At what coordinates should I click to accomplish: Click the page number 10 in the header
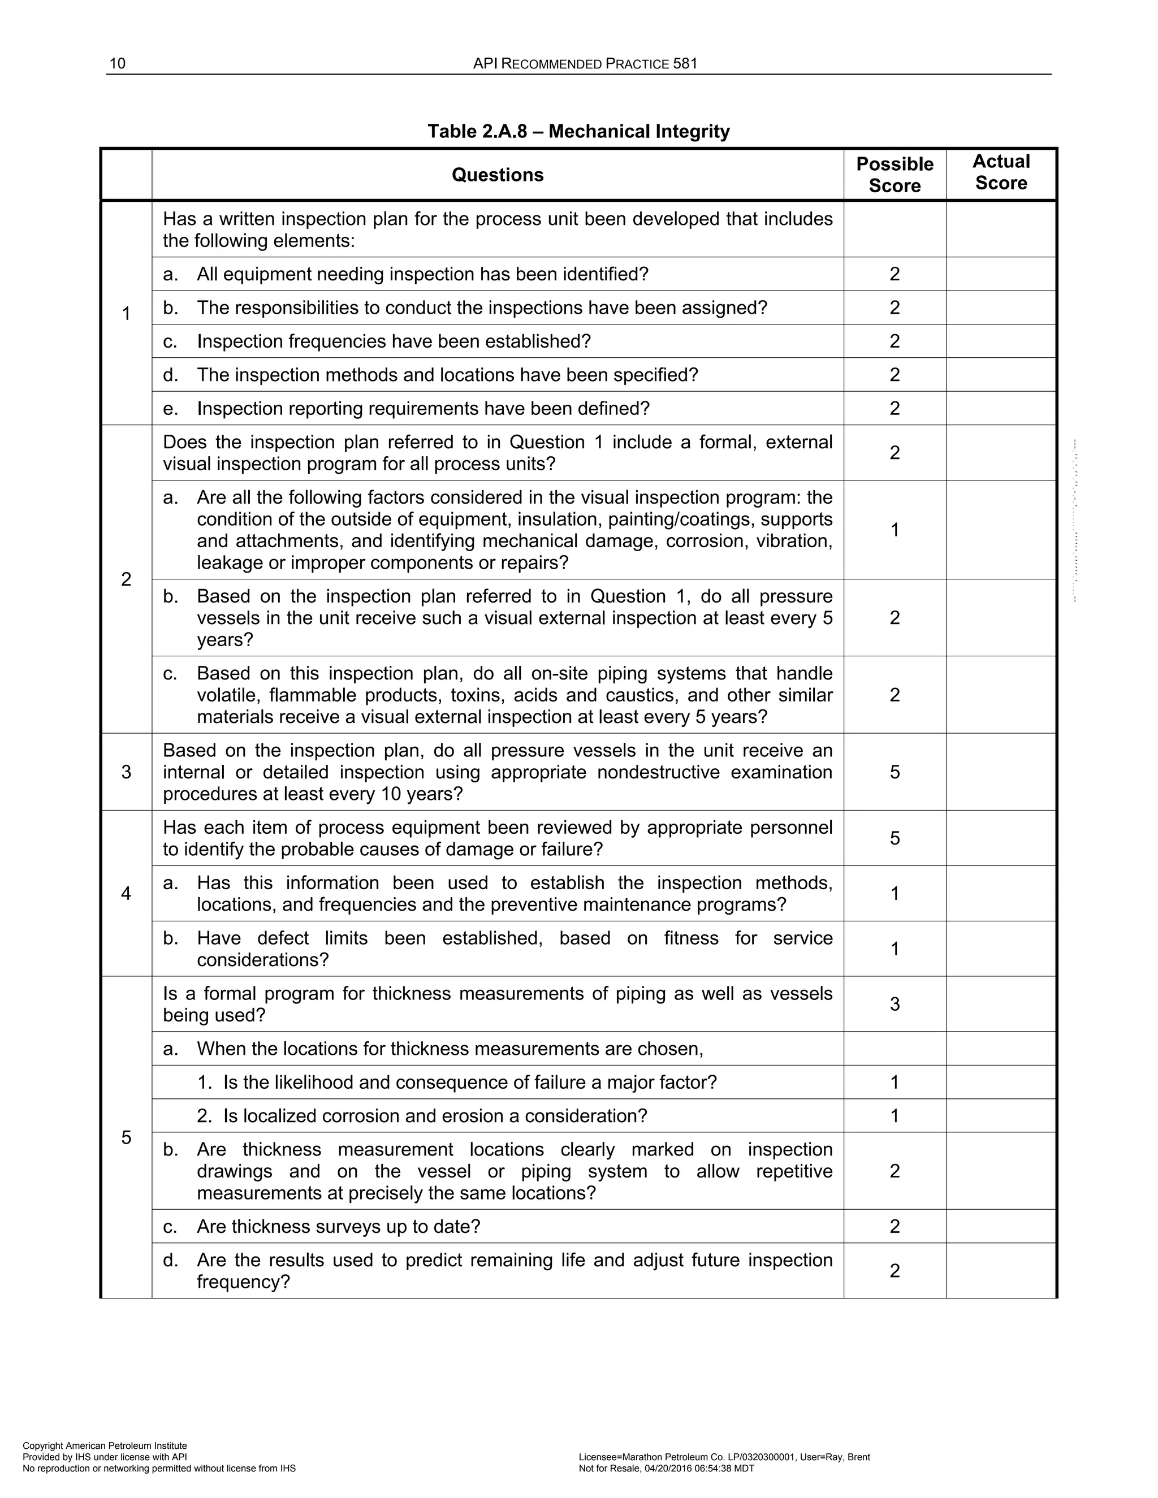(x=117, y=64)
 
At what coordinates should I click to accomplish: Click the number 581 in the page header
(x=685, y=64)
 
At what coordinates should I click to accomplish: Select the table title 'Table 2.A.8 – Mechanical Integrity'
(x=578, y=131)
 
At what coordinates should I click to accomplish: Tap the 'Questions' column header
(x=498, y=175)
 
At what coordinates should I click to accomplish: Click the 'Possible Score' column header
(x=895, y=175)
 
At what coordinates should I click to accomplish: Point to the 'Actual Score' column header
(x=1001, y=172)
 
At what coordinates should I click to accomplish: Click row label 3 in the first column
(x=126, y=772)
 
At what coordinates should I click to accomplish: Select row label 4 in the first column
(x=126, y=894)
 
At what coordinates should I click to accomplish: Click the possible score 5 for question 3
(x=895, y=772)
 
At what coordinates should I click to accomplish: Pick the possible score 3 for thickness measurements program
(x=895, y=1004)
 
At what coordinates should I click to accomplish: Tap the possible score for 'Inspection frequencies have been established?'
(x=895, y=341)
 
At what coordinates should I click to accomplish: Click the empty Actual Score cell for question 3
(x=1001, y=772)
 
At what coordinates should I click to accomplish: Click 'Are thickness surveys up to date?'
(x=338, y=1227)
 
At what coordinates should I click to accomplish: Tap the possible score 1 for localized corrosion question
(x=895, y=1116)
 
